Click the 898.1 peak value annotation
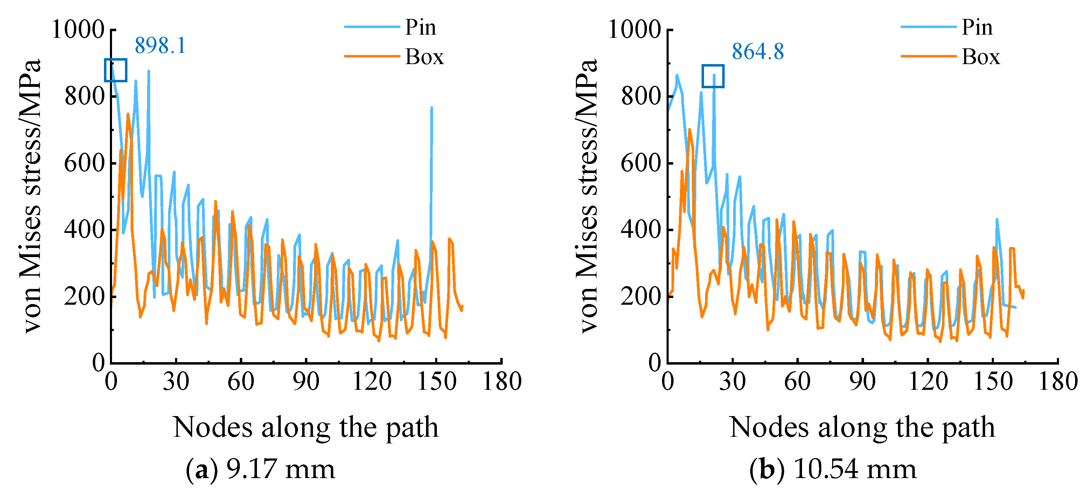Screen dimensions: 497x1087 160,46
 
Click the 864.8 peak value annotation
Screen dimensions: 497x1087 758,51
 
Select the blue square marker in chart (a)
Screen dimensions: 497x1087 116,70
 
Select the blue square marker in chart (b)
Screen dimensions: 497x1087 713,76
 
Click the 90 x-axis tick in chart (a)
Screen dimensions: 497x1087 306,381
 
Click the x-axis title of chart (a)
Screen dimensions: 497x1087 306,427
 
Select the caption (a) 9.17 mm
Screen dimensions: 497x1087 260,469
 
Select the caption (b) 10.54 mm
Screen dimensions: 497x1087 833,469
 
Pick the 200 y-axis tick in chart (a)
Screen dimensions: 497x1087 84,296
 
